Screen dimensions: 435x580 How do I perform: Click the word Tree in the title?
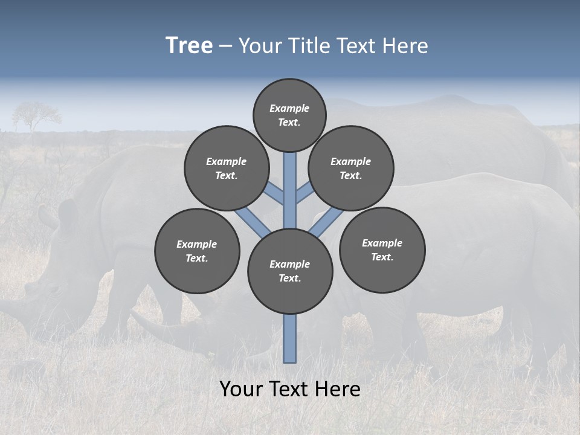pyautogui.click(x=189, y=46)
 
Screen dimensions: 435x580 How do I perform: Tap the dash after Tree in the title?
pyautogui.click(x=225, y=47)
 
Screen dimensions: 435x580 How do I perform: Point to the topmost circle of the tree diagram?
pyautogui.click(x=289, y=115)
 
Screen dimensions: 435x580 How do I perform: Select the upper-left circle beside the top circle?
pyautogui.click(x=227, y=168)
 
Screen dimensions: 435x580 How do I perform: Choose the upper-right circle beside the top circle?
pyautogui.click(x=351, y=168)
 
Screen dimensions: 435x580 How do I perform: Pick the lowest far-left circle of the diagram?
pyautogui.click(x=197, y=251)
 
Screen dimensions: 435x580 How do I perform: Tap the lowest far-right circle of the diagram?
pyautogui.click(x=382, y=250)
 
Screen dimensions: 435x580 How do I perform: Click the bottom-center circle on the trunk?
pyautogui.click(x=290, y=271)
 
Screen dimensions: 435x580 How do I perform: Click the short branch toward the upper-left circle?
pyautogui.click(x=275, y=193)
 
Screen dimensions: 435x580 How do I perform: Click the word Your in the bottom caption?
pyautogui.click(x=242, y=389)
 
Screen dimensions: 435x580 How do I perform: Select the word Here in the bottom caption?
pyautogui.click(x=339, y=389)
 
